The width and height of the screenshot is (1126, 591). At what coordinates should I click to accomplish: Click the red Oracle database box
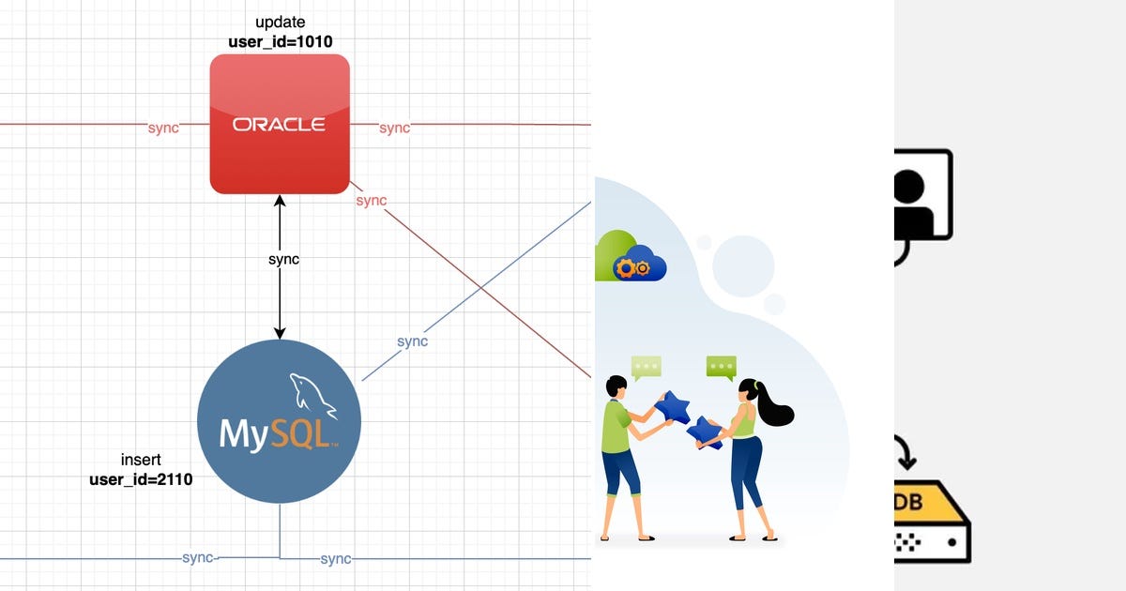click(x=280, y=124)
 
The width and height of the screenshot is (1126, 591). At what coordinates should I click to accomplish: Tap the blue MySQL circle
click(x=279, y=421)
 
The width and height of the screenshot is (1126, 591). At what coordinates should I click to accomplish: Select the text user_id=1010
click(x=281, y=41)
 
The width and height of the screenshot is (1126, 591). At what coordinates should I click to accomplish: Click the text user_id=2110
click(x=141, y=479)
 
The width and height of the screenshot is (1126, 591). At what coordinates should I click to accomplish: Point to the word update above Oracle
click(x=281, y=23)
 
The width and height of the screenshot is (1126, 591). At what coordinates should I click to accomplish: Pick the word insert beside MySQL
click(x=141, y=460)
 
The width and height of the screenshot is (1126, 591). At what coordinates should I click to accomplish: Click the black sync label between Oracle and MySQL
click(x=283, y=259)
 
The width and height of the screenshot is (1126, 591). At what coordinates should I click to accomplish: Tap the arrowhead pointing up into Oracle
click(x=280, y=201)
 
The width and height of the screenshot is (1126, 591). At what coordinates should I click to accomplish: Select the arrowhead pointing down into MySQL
click(x=280, y=333)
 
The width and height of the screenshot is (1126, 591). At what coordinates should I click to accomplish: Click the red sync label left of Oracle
click(x=163, y=128)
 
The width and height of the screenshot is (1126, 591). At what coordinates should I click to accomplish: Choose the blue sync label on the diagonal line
click(x=412, y=341)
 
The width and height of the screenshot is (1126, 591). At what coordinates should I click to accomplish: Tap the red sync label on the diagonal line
click(x=372, y=201)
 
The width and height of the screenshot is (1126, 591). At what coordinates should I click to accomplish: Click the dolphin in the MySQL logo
click(x=312, y=396)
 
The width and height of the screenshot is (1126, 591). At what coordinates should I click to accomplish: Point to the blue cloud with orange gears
click(x=639, y=264)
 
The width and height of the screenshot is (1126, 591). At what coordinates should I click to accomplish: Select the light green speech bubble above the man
click(x=646, y=368)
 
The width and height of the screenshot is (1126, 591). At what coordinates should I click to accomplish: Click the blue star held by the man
click(x=673, y=407)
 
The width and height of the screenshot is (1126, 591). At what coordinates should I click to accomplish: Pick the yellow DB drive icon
click(x=933, y=522)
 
